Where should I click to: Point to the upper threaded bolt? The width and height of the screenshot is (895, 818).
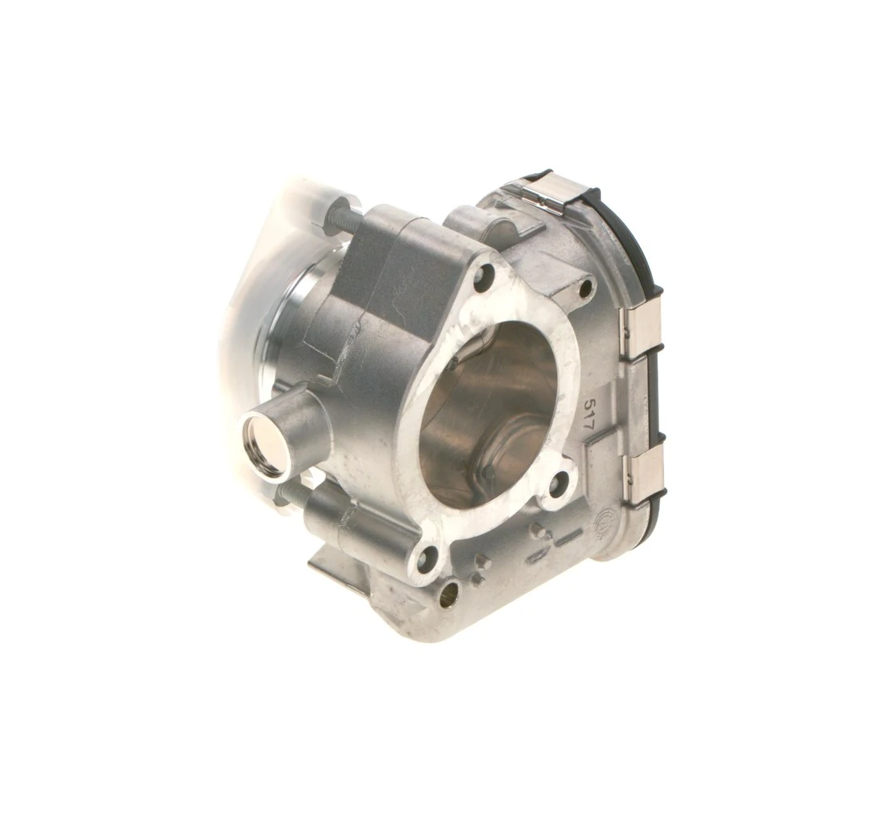pos(340,217)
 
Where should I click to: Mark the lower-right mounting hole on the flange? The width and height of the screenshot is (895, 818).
pos(560,482)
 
